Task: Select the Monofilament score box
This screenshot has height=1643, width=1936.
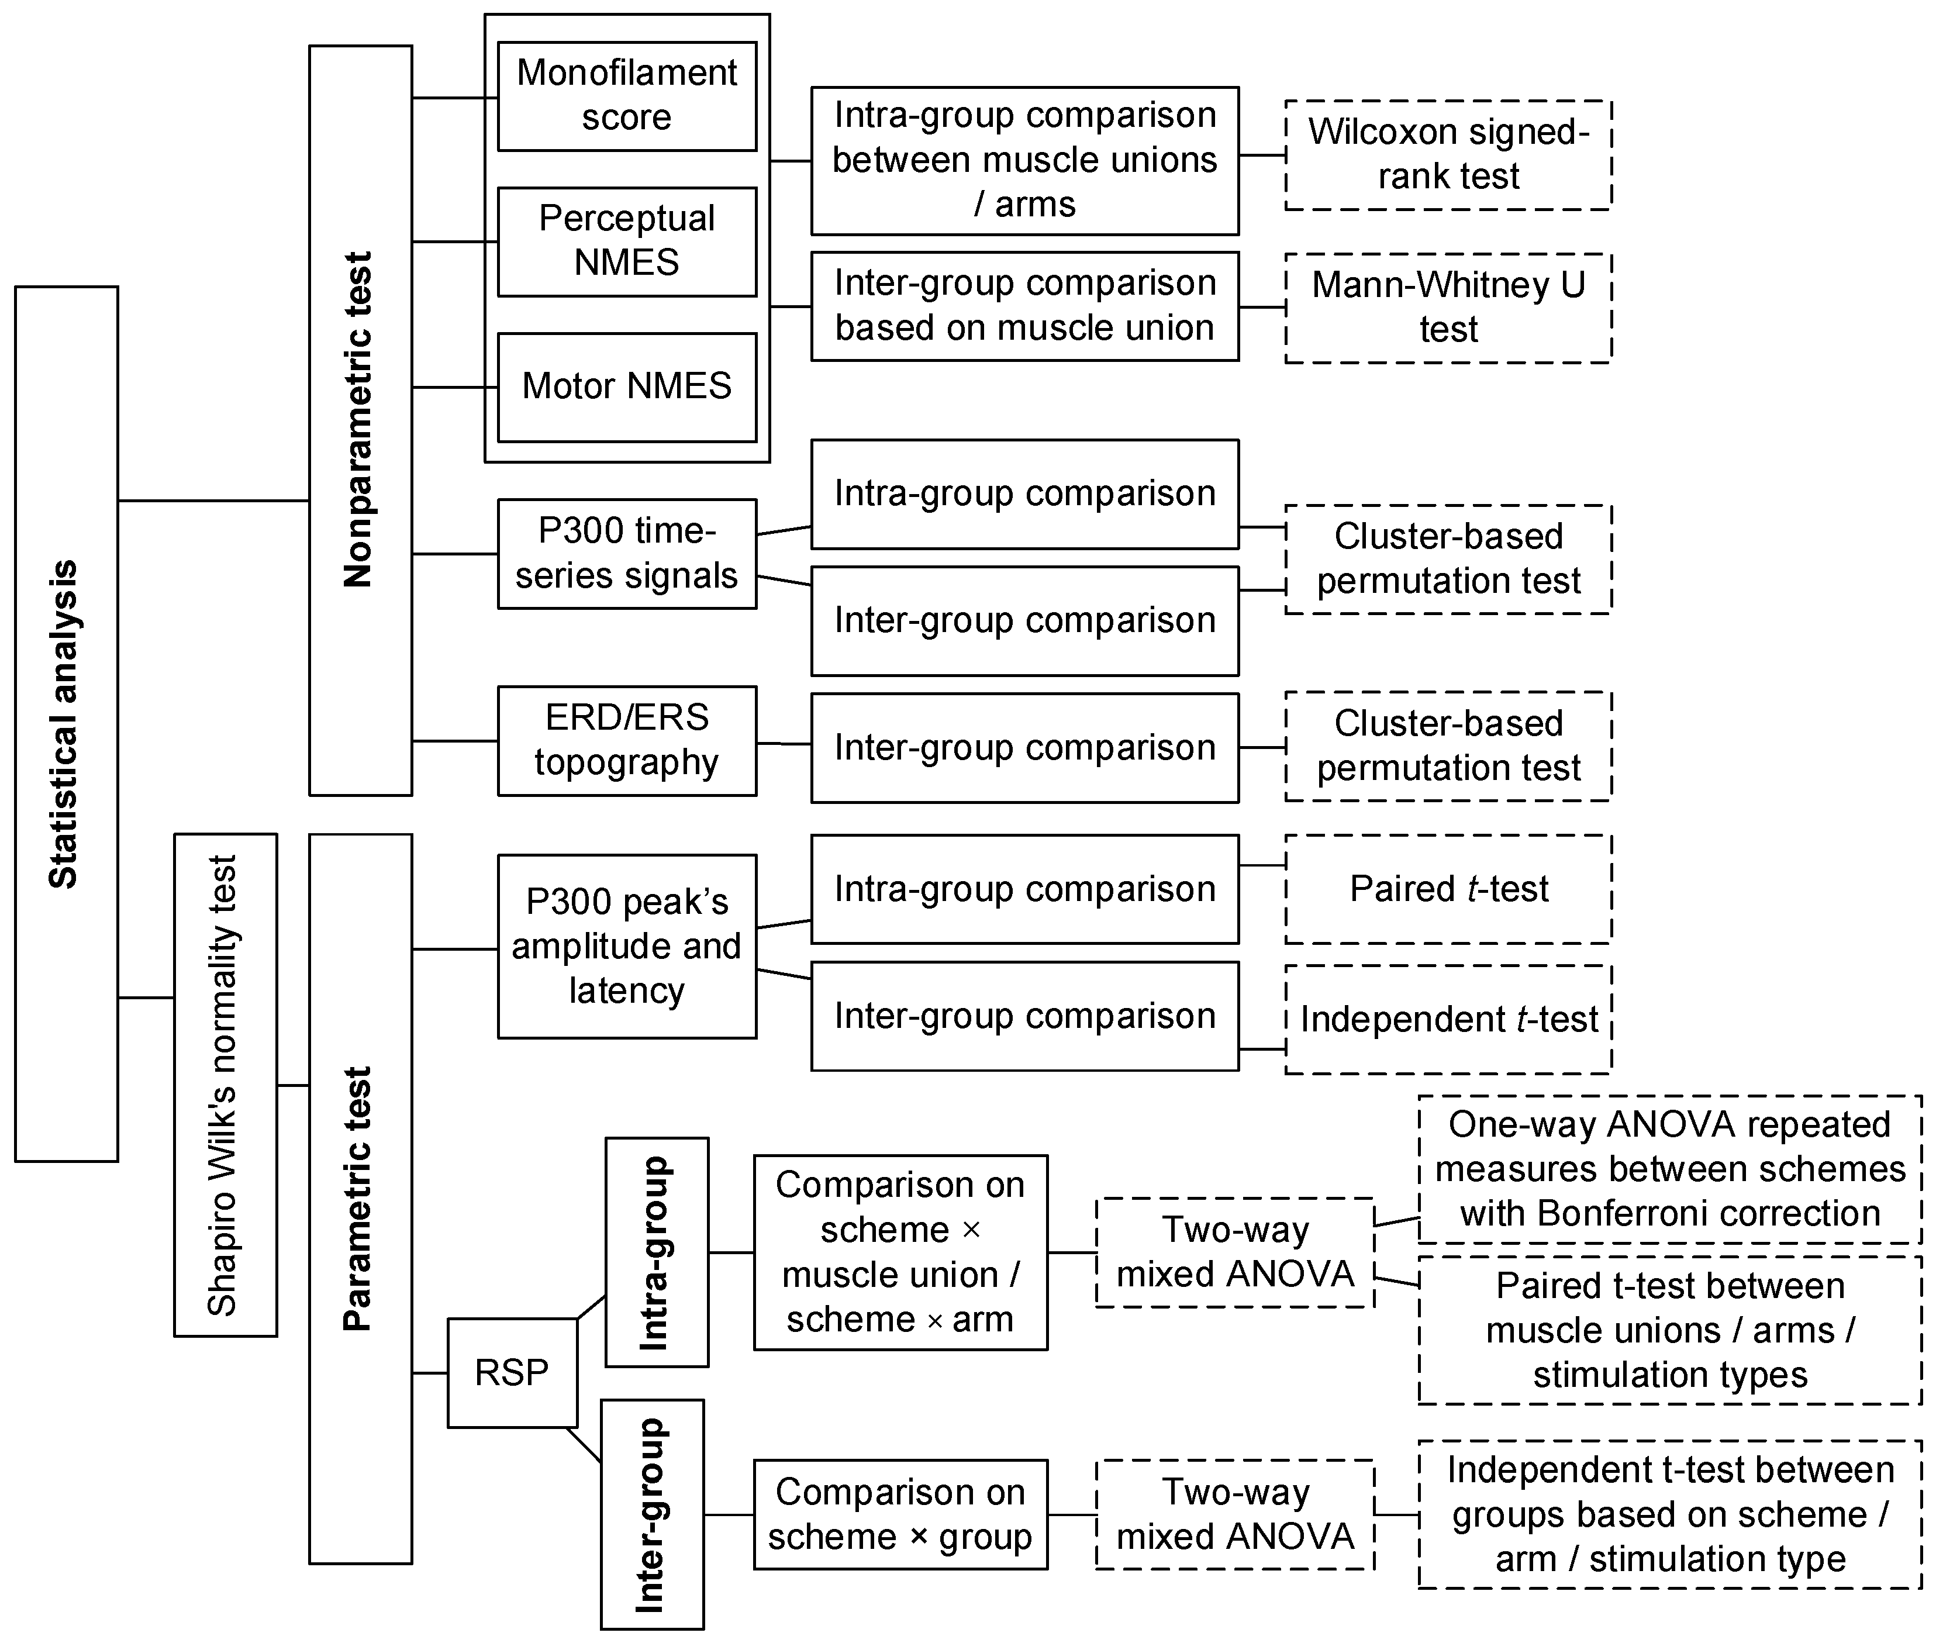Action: tap(627, 96)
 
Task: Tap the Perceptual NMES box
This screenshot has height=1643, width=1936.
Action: tap(627, 241)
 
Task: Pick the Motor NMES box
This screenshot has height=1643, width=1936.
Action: tap(627, 386)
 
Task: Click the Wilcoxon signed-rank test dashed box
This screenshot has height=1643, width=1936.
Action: tap(1448, 154)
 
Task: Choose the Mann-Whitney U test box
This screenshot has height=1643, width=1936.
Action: tap(1448, 308)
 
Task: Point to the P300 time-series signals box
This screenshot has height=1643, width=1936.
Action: tap(627, 553)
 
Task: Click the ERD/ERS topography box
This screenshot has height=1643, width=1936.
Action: tap(627, 740)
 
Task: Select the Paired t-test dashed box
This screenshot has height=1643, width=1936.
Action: tap(1448, 889)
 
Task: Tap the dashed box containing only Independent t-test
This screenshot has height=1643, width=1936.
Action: tap(1448, 1019)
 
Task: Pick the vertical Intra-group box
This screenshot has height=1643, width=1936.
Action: tap(657, 1252)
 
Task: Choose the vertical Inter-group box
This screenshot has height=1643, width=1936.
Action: tap(652, 1514)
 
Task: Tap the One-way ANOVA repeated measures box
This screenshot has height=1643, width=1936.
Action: tap(1670, 1169)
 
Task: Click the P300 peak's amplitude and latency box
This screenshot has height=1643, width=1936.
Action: tap(627, 945)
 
